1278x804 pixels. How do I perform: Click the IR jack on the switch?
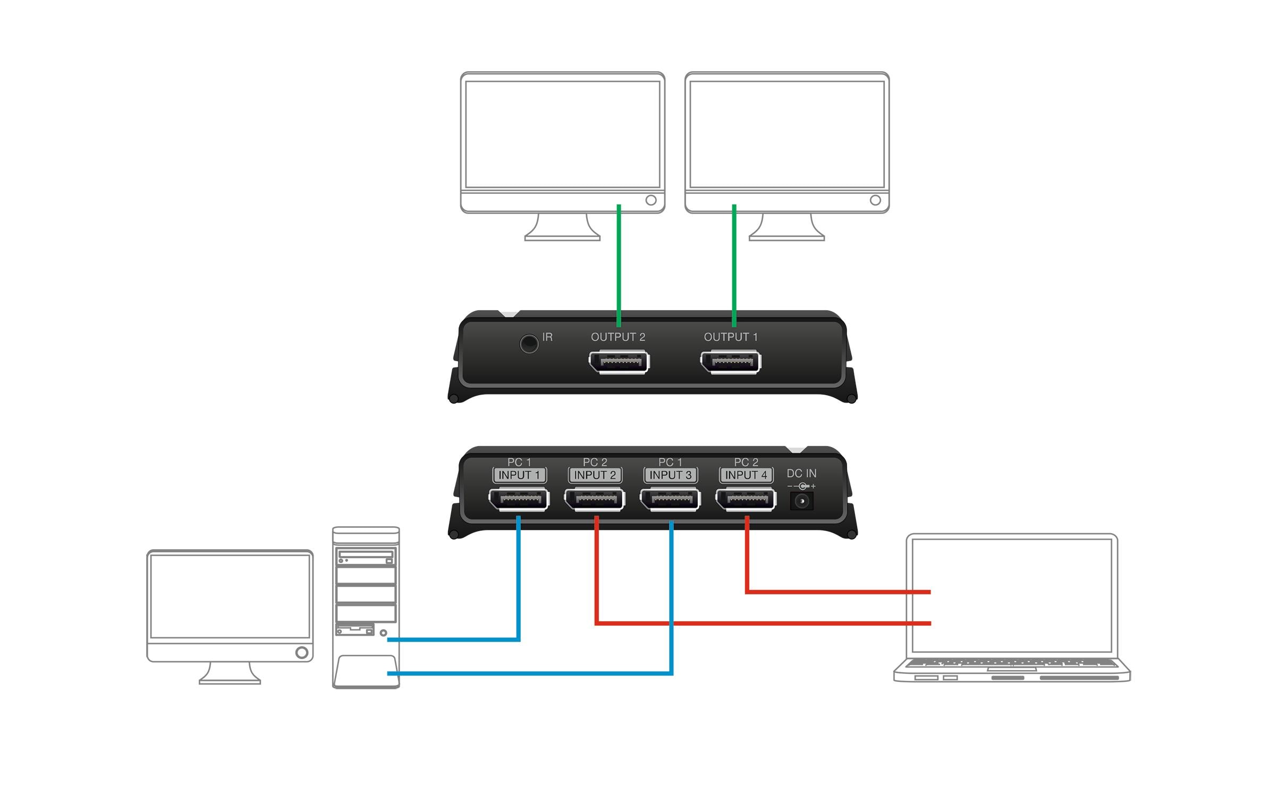529,344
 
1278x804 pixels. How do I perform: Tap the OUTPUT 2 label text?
618,337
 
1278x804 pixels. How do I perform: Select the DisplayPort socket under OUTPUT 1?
731,362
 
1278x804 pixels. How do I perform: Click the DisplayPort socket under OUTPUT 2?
619,362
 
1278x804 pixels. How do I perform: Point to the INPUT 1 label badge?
519,475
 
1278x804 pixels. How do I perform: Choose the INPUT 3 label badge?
671,475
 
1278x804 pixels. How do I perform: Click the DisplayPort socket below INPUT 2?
595,500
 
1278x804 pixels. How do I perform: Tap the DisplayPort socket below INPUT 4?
746,500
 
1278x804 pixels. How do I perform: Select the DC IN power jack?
801,501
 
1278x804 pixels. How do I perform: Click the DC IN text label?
801,473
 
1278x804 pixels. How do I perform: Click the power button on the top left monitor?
651,200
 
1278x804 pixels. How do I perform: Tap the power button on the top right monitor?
875,200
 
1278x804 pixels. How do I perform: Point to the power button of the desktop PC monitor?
301,652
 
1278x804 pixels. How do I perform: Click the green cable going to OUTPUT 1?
734,266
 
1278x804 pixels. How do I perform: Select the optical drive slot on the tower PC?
366,554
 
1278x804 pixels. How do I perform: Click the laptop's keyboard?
1011,663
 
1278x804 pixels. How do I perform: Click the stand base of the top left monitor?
562,237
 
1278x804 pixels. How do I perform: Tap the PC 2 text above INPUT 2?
595,462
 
